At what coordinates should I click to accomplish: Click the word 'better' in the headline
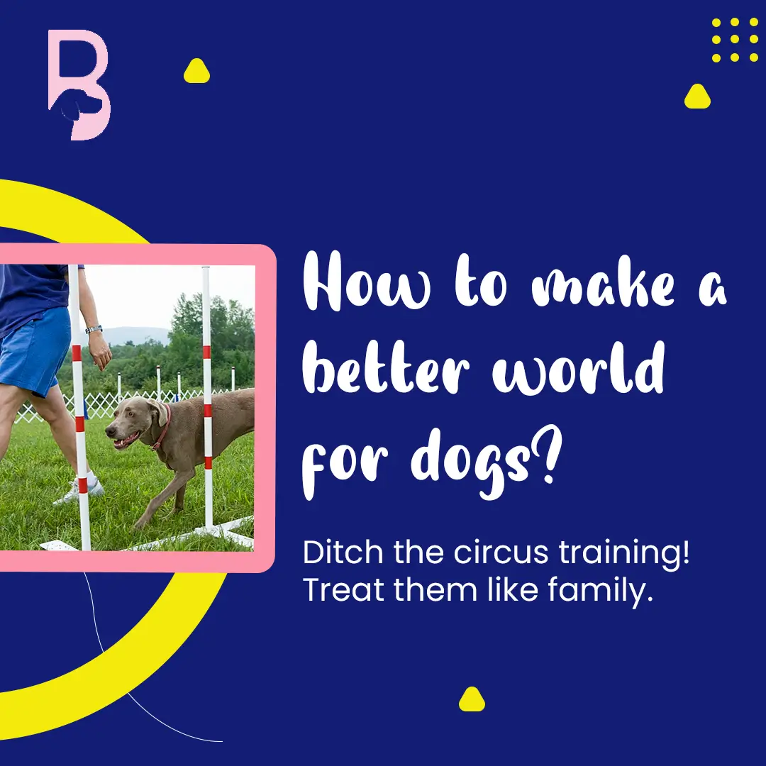pos(386,367)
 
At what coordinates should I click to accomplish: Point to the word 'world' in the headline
pos(579,367)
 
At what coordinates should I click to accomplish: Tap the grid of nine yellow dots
pos(735,40)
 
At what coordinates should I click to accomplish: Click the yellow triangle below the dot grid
pos(697,96)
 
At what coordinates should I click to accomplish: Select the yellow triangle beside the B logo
pos(196,71)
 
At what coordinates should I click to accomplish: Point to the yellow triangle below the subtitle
pos(472,699)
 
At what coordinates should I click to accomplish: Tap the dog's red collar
pos(162,428)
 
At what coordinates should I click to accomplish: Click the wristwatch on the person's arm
pos(94,329)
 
